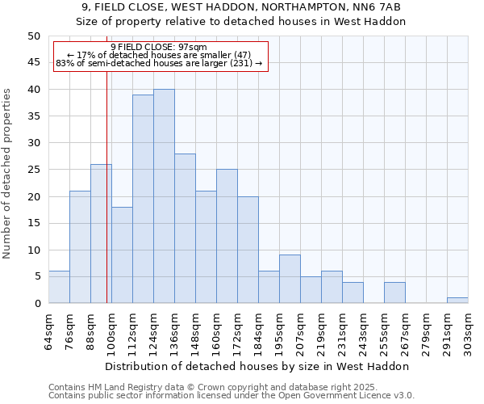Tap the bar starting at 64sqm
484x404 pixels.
(59, 288)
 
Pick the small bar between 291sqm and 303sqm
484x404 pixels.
(457, 301)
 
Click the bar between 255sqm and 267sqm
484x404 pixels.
(394, 292)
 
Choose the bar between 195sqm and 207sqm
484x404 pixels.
(290, 280)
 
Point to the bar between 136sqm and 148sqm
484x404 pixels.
(185, 229)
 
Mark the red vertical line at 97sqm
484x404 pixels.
(106, 202)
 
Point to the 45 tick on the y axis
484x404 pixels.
(33, 63)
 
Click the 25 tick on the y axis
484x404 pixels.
(33, 170)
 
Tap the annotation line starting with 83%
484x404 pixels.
(159, 63)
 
